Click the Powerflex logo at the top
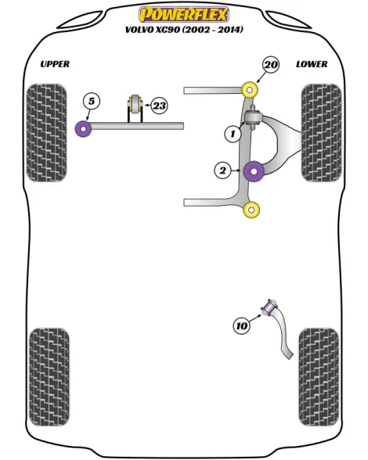pyautogui.click(x=183, y=15)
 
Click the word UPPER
pyautogui.click(x=55, y=64)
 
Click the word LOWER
pyautogui.click(x=312, y=64)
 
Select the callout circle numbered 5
pyautogui.click(x=92, y=102)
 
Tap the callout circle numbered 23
pyautogui.click(x=160, y=106)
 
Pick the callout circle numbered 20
pyautogui.click(x=271, y=65)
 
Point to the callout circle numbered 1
pyautogui.click(x=233, y=134)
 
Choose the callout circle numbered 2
pyautogui.click(x=223, y=171)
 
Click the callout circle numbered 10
pyautogui.click(x=242, y=325)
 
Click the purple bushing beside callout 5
pyautogui.click(x=84, y=128)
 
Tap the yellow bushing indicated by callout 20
pyautogui.click(x=250, y=90)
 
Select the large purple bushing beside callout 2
pyautogui.click(x=254, y=171)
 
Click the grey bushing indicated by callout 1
pyautogui.click(x=253, y=117)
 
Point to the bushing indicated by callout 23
pyautogui.click(x=135, y=103)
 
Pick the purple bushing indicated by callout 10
pyautogui.click(x=269, y=307)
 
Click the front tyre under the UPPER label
pyautogui.click(x=47, y=133)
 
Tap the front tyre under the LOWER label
pyautogui.click(x=322, y=133)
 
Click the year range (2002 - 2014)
pyautogui.click(x=213, y=30)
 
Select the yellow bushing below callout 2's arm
pyautogui.click(x=251, y=210)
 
